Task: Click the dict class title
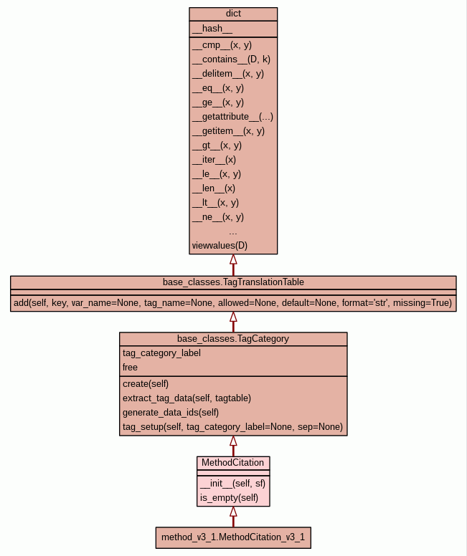233,14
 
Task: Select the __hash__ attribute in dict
212,29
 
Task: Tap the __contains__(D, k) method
231,59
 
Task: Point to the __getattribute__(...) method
232,116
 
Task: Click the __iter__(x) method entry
214,159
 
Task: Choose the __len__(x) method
214,188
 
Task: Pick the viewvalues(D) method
220,245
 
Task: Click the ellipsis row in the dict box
233,231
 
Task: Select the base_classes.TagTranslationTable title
233,282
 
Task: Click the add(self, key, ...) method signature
233,303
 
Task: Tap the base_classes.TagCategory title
233,338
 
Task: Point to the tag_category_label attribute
161,353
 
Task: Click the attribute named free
130,367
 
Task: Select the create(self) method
146,383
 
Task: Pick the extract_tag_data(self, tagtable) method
187,398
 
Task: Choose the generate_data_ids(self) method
171,412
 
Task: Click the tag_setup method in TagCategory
232,426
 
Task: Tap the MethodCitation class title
233,463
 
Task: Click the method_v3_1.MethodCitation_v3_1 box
233,537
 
